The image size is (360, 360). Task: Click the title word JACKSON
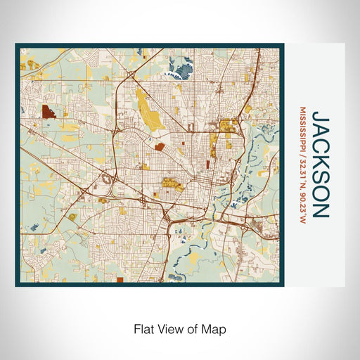(x=321, y=164)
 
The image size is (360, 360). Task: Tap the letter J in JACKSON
(x=321, y=114)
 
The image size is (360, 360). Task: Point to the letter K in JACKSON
(x=321, y=156)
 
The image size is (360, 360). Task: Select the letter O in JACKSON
(x=321, y=190)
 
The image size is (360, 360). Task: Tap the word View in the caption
(x=169, y=328)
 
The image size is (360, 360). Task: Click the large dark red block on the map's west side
(x=50, y=112)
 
